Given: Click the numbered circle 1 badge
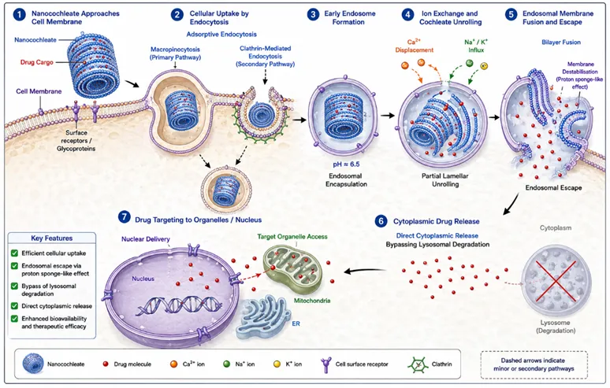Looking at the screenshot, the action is coord(19,15).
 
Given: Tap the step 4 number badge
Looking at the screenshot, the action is coord(407,15).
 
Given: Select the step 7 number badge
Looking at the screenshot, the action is coord(124,216).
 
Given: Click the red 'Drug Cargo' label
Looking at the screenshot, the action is coord(36,62).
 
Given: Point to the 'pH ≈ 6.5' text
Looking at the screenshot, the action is coord(346,164).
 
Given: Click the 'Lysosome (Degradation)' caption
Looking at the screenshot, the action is coord(556,327).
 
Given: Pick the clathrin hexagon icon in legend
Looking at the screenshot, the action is coord(418,364).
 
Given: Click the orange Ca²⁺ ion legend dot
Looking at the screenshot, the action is coord(174,364).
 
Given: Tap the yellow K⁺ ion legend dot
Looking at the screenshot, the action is coord(277,364).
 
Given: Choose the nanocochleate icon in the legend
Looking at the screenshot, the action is coord(32,364).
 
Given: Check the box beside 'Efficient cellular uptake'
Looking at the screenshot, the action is coord(14,253).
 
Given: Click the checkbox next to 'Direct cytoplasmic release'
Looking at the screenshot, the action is coord(14,306).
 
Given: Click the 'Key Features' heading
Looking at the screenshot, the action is coord(52,238).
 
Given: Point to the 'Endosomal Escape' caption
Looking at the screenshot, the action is coord(553,187).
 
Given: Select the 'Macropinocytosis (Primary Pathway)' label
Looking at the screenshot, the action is coord(175,54).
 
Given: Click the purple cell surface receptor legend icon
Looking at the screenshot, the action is coord(325,365).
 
